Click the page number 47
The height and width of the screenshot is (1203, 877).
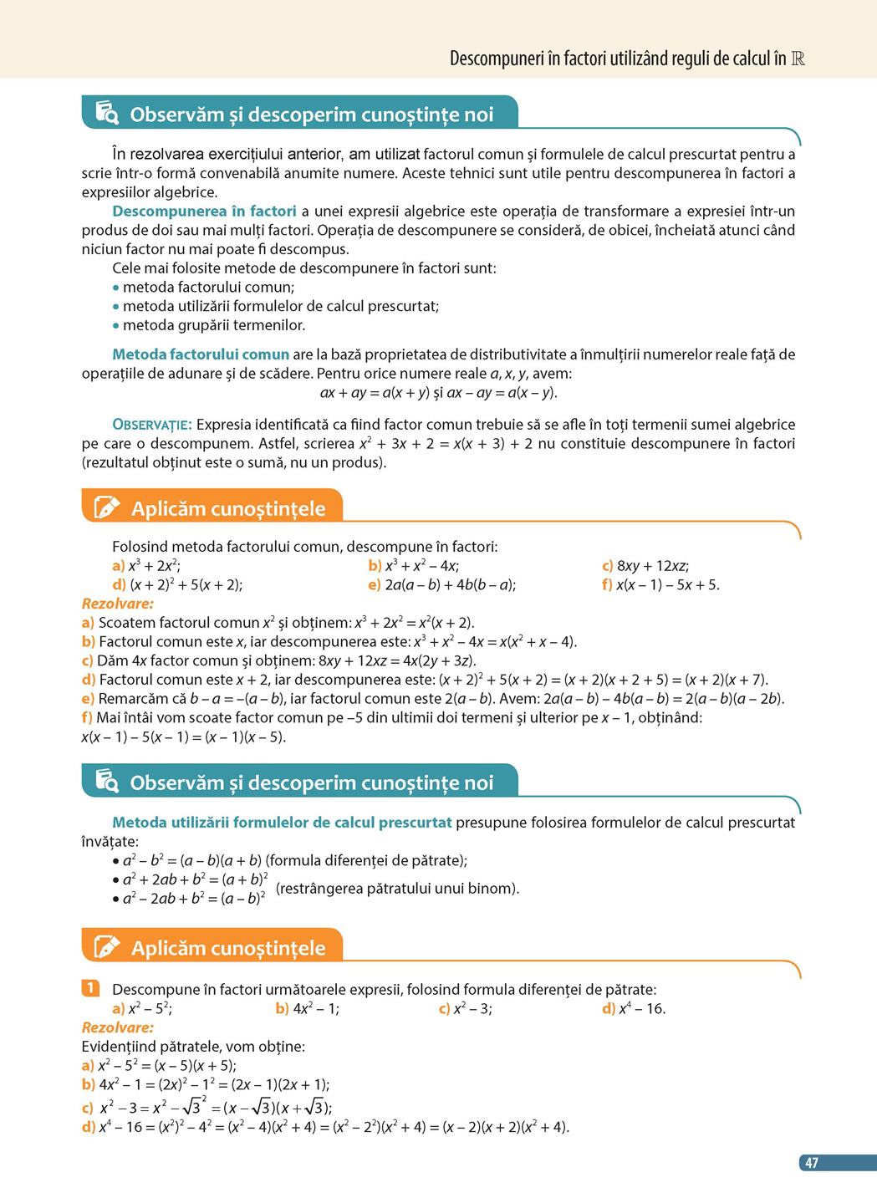[811, 1163]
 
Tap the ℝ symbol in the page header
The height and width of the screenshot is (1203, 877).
[798, 59]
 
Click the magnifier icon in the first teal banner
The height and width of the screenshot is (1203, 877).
[106, 113]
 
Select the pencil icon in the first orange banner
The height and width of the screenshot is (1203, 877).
[106, 507]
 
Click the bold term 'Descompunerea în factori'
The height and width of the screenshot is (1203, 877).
[204, 212]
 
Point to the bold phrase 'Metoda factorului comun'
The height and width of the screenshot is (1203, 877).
[201, 354]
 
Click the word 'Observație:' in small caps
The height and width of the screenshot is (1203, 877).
[152, 425]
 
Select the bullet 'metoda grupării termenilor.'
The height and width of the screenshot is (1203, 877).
[213, 325]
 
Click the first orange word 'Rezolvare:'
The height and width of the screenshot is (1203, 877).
[118, 604]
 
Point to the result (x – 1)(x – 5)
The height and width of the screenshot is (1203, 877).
[247, 737]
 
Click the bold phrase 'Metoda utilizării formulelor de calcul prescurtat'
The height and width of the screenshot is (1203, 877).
[282, 823]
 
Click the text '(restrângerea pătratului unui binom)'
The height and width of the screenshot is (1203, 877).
[397, 889]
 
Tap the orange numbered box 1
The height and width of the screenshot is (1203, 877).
[90, 988]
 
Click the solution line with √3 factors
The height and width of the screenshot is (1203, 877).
[215, 1108]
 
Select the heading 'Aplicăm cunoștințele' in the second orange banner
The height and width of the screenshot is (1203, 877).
[227, 948]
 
